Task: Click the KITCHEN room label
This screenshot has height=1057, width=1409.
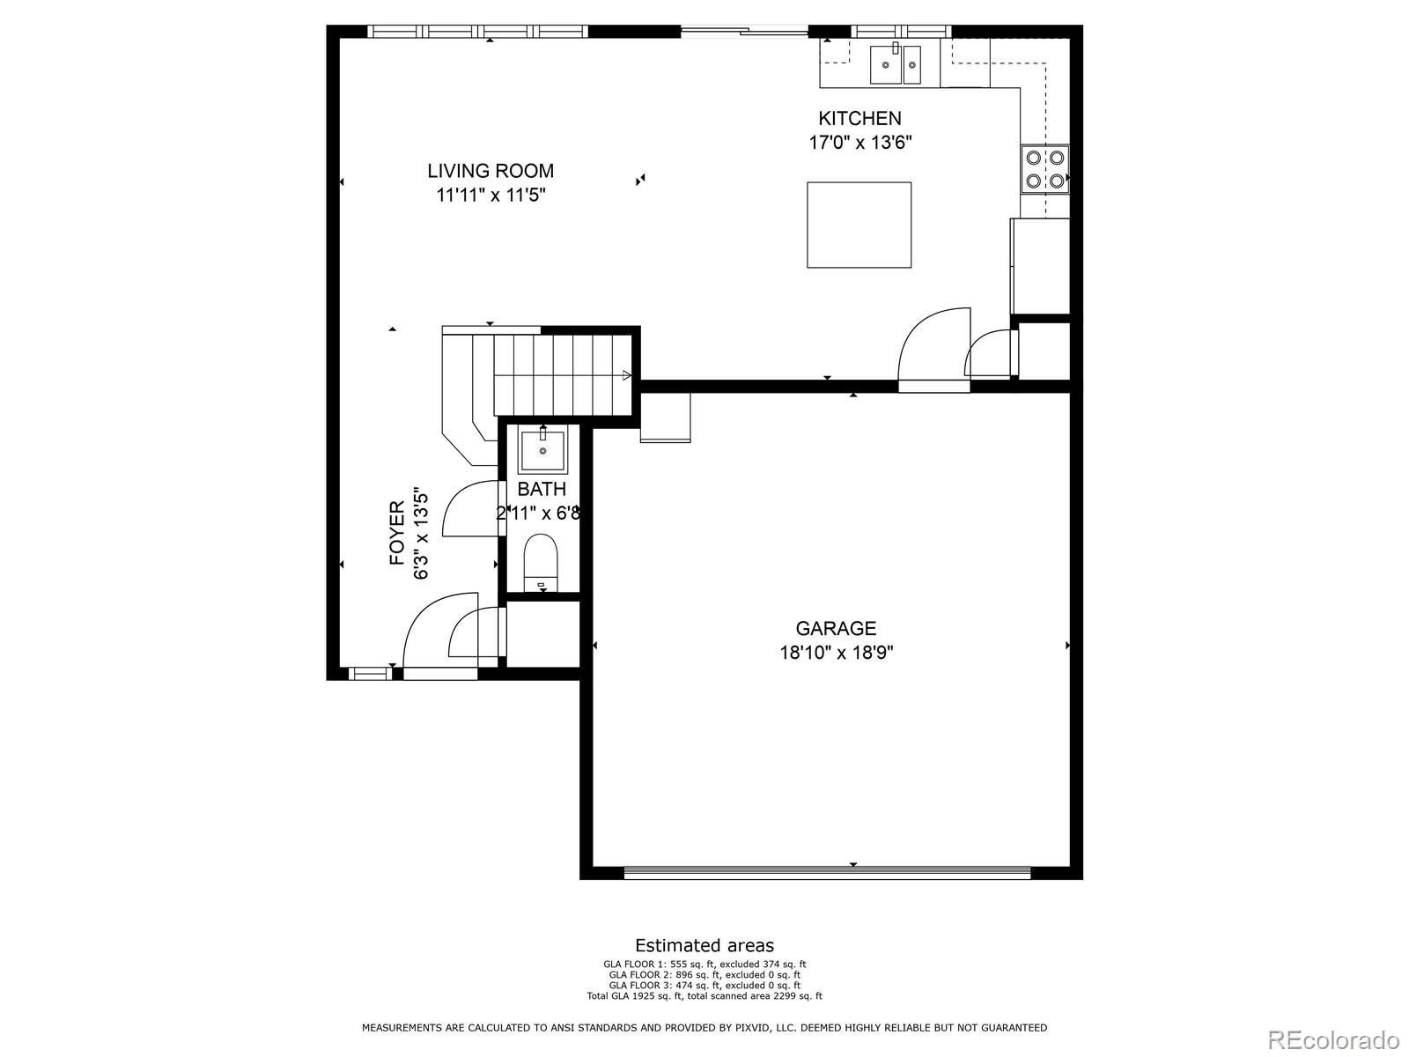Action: coord(859,118)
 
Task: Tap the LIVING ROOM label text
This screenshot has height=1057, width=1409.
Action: coord(491,171)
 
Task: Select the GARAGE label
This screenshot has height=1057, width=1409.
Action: coord(836,628)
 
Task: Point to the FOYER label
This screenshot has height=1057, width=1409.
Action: coord(397,533)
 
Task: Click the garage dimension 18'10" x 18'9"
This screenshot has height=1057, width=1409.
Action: coord(836,653)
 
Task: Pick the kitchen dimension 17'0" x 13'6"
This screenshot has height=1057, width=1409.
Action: coord(859,143)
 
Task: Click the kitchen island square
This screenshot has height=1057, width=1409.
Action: coord(859,225)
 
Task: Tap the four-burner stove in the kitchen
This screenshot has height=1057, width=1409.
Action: coord(1044,169)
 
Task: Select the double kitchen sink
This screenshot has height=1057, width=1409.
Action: coord(896,64)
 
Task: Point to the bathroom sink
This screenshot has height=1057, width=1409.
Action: coord(542,450)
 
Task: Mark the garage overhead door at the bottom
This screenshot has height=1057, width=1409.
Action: coord(826,873)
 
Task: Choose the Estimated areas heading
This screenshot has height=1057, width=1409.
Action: coord(704,946)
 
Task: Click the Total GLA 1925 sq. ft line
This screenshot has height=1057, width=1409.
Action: coord(704,996)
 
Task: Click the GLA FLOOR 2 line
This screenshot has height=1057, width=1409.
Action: coord(704,975)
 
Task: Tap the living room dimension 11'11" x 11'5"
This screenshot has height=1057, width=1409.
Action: coord(491,196)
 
